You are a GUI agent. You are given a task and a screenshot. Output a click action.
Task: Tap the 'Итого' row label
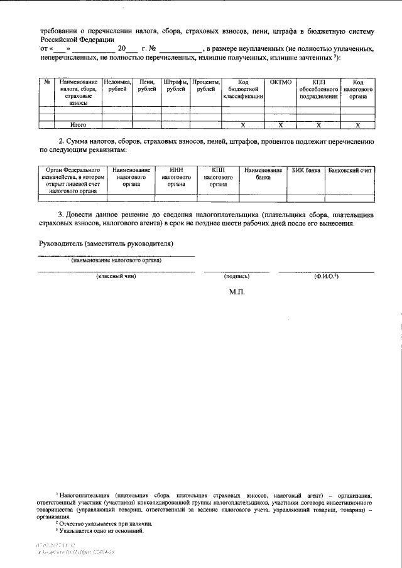point(78,125)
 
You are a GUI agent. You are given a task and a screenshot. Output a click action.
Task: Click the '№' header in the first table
point(46,82)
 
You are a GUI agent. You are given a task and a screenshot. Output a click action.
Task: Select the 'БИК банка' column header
point(306,170)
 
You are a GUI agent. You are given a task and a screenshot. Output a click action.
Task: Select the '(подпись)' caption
point(237,276)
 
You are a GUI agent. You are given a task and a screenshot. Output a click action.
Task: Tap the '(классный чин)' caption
point(116,276)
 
